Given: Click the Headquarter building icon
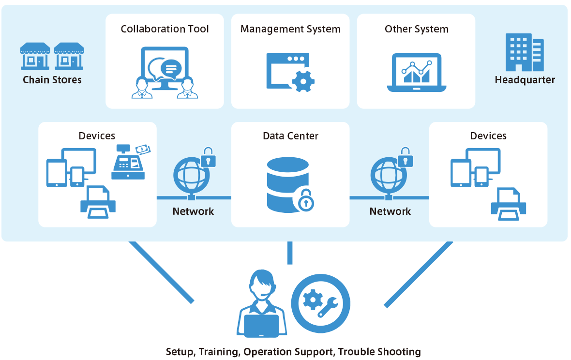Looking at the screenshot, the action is click(525, 52).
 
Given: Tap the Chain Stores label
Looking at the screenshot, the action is click(52, 80).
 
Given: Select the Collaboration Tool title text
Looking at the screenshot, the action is click(165, 29).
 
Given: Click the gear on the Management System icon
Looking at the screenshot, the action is click(303, 81).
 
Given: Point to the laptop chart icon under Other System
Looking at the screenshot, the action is click(417, 73).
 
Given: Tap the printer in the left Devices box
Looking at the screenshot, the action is click(98, 202).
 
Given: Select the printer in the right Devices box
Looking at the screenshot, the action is click(509, 204).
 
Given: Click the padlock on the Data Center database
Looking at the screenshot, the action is click(306, 200).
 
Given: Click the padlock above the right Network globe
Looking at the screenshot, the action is click(406, 157).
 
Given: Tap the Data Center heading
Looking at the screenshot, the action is click(291, 136).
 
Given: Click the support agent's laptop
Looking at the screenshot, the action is click(261, 326).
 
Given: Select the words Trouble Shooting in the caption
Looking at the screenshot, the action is click(379, 352).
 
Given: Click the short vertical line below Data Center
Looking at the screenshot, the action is click(290, 253).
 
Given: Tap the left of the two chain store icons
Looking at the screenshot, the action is click(35, 57).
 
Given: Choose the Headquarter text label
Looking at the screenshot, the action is click(525, 80).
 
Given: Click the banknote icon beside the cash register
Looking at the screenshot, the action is click(143, 149).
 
